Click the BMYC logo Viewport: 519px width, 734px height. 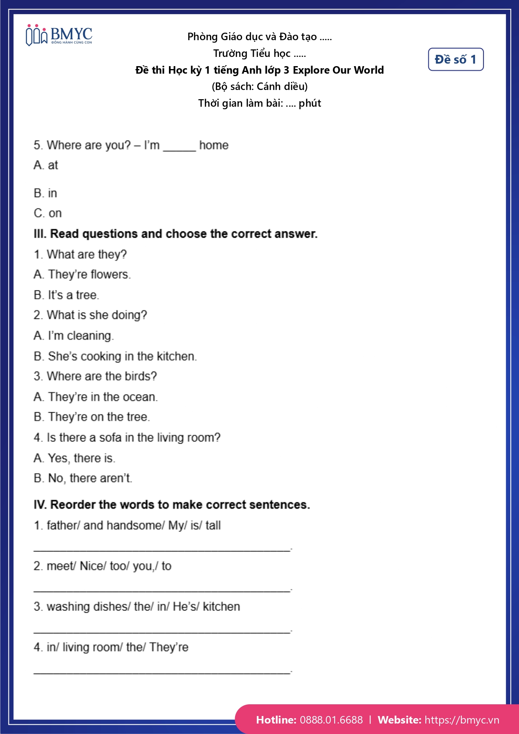59,35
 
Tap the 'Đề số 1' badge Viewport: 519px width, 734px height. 455,59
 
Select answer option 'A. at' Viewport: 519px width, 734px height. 46,165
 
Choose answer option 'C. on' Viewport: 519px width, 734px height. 48,213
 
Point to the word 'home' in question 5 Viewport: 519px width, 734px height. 214,145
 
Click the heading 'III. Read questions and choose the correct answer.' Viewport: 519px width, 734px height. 176,234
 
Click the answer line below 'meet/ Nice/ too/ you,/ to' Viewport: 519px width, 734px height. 162,589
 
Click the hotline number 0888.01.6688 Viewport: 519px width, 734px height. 331,720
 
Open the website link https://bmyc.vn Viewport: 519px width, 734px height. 462,720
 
